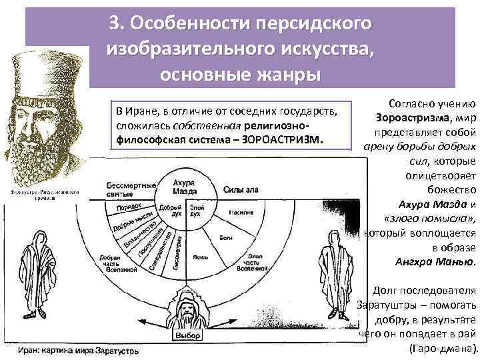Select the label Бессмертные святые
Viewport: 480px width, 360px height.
click(127, 189)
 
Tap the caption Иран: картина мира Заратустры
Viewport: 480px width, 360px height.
click(79, 349)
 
